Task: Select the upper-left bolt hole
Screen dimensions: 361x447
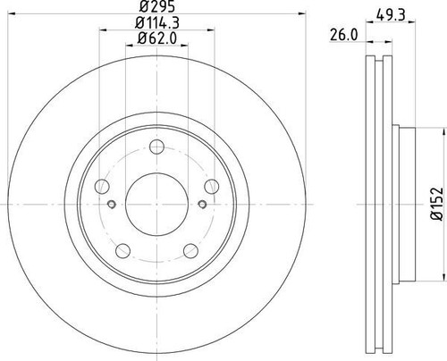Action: [x=103, y=186]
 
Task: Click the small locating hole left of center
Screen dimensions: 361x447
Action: [x=111, y=205]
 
